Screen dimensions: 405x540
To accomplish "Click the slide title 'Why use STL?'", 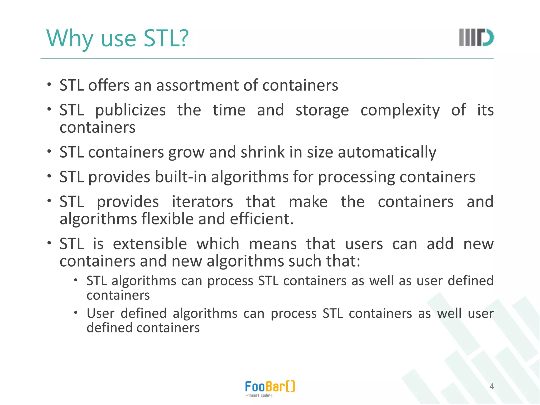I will (x=117, y=38).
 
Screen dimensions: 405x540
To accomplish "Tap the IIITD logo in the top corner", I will (x=476, y=37).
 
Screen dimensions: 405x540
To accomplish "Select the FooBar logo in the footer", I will (x=270, y=387).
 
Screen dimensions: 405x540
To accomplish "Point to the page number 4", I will (x=491, y=387).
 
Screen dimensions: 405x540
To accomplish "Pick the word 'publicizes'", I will (x=130, y=110).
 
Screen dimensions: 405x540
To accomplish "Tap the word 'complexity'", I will (x=400, y=110).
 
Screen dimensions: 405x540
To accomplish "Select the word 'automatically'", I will (x=387, y=152).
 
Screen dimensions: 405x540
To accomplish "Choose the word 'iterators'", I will (x=202, y=202).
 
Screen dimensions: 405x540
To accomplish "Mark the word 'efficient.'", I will (x=262, y=219).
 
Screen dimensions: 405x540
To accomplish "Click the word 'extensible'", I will (x=150, y=244).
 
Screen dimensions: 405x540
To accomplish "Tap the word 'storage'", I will (x=322, y=110).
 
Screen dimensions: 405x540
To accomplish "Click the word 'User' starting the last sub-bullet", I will (x=100, y=314).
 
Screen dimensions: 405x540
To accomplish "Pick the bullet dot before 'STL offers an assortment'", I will (x=49, y=85).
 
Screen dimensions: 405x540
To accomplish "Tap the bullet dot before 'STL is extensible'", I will (x=49, y=243).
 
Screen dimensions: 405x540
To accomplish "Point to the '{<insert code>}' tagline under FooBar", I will (x=259, y=396).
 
